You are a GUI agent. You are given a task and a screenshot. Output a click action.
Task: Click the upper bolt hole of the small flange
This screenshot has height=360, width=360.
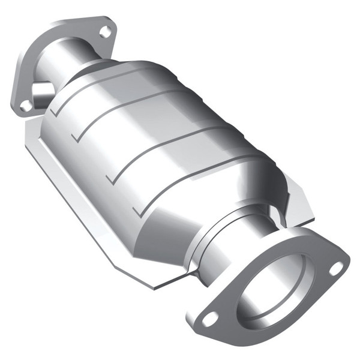pos(106,31)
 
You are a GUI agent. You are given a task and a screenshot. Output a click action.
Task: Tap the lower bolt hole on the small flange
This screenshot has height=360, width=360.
pos(26,105)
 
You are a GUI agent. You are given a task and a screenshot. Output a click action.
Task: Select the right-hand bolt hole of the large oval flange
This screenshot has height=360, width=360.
pos(337,266)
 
